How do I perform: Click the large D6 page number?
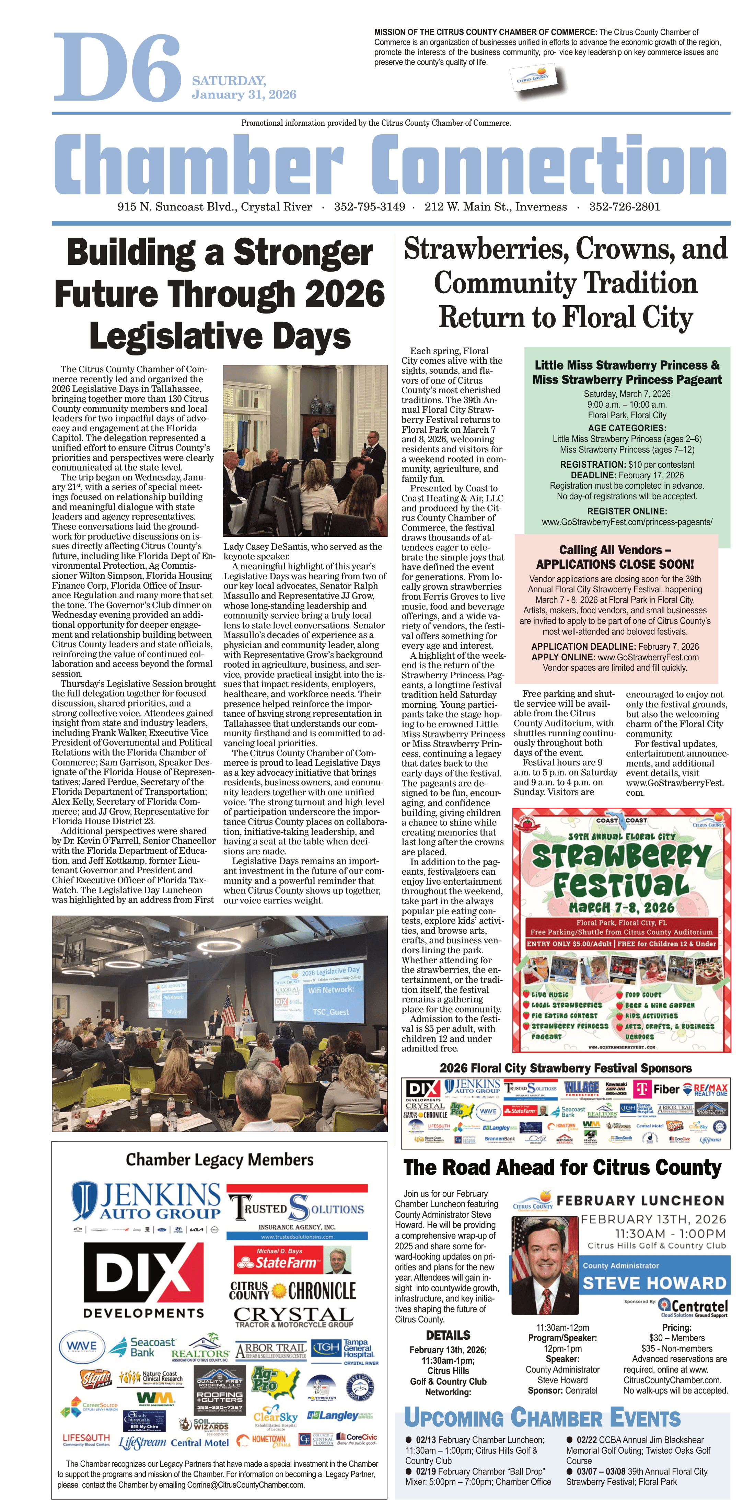[x=117, y=67]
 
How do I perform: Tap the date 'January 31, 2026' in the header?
[x=244, y=94]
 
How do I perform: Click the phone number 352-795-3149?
[x=369, y=206]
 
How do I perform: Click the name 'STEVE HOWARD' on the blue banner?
[x=654, y=1283]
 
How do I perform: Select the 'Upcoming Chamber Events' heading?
[x=542, y=1417]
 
